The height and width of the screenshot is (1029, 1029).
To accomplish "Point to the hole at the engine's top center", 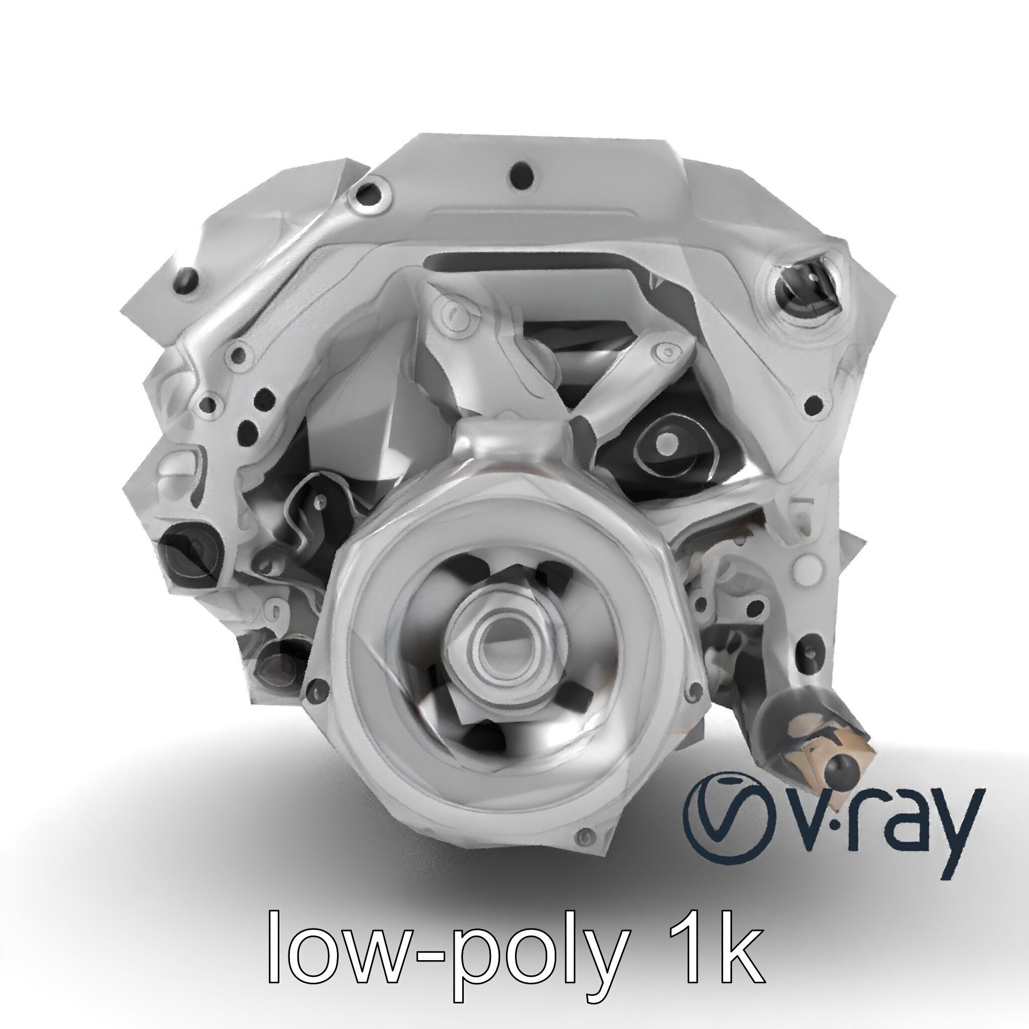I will (x=521, y=174).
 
